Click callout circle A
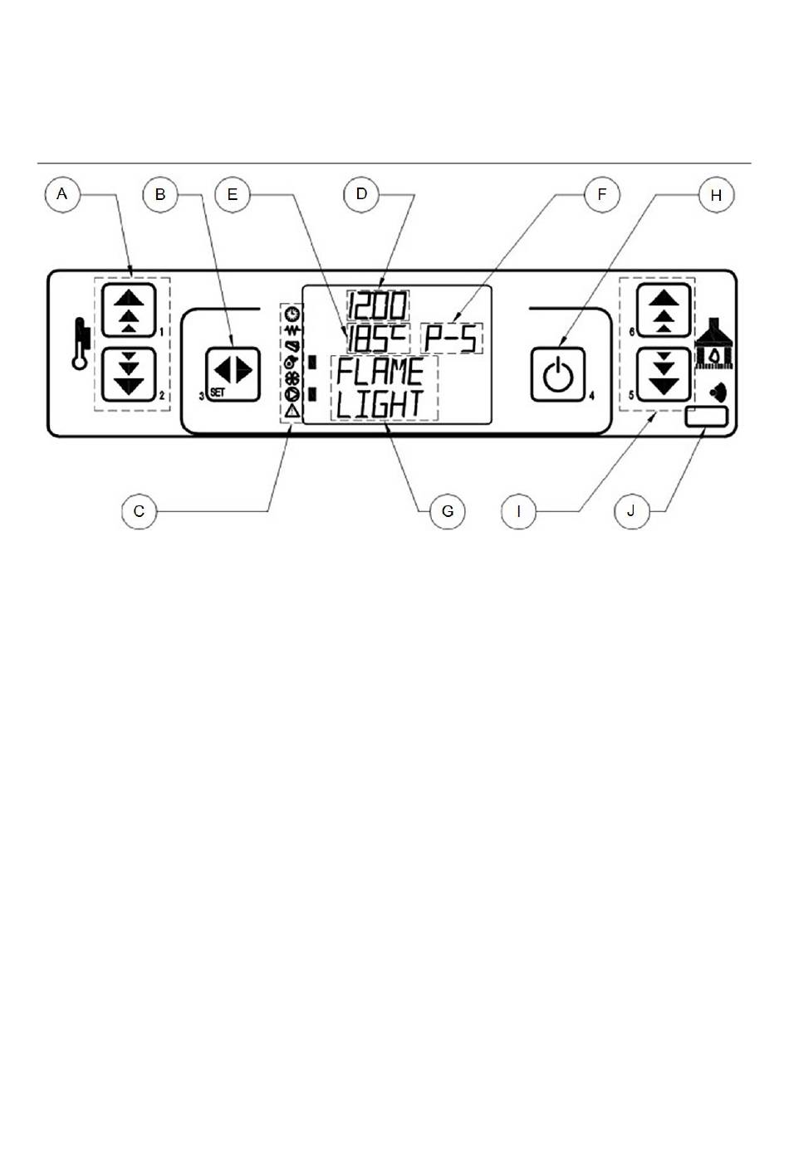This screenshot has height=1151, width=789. [x=62, y=195]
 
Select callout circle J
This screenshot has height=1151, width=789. [x=631, y=511]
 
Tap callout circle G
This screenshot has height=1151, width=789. [x=448, y=511]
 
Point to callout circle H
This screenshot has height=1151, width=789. [x=716, y=195]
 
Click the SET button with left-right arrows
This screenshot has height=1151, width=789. [x=233, y=374]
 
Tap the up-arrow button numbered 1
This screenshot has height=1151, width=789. [x=129, y=310]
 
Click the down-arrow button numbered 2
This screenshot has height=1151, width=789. [x=129, y=374]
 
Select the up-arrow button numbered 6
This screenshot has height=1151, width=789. [x=664, y=310]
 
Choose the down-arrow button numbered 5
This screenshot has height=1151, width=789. [x=664, y=374]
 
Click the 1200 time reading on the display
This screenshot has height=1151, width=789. [x=378, y=306]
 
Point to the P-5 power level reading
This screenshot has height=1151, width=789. [x=452, y=339]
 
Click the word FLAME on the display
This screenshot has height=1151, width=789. [x=380, y=372]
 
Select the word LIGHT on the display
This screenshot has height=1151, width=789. [x=380, y=404]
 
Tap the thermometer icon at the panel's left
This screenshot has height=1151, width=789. [x=81, y=344]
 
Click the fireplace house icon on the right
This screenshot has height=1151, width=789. [x=714, y=344]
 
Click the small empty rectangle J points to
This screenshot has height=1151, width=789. [x=707, y=417]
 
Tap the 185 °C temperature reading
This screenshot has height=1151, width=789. [x=377, y=339]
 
